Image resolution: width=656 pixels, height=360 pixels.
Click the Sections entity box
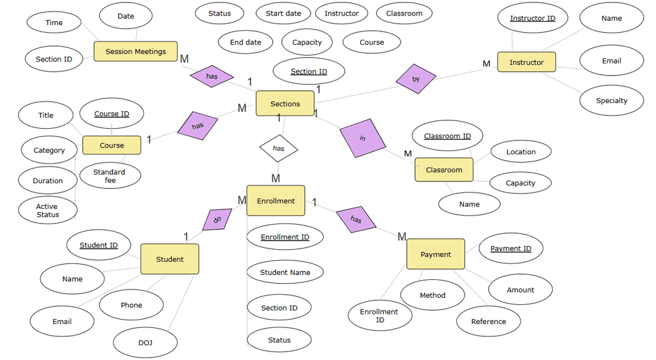pos(285,103)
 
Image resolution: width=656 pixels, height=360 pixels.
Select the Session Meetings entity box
pos(136,51)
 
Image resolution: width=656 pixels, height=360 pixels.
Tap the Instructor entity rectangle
pos(526,62)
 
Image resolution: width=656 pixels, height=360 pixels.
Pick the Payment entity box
pos(436,254)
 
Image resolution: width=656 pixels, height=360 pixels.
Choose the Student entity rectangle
pos(170,259)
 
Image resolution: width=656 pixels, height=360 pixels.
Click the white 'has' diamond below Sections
pos(279,149)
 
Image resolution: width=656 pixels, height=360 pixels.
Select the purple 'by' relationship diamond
pos(416,79)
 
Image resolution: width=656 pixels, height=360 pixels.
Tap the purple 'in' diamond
pos(363,138)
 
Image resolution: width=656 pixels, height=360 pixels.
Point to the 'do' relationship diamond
pos(217,219)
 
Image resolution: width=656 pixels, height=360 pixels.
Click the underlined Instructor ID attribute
pos(532,19)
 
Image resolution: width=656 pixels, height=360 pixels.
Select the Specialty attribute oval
pos(611,101)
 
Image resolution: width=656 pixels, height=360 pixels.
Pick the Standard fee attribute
pos(110,176)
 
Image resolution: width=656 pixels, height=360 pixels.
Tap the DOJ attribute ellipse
pos(145,343)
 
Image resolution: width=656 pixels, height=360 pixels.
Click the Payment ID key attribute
pos(511,249)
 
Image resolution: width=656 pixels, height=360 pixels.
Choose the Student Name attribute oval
pos(285,272)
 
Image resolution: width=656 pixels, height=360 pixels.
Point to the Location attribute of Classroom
pos(520,152)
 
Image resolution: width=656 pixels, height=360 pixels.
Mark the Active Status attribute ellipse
pos(47,210)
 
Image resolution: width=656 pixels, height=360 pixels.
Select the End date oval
pos(245,42)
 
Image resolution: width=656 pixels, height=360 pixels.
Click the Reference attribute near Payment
pos(488,322)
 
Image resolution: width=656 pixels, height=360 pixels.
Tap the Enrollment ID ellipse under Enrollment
pos(285,237)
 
